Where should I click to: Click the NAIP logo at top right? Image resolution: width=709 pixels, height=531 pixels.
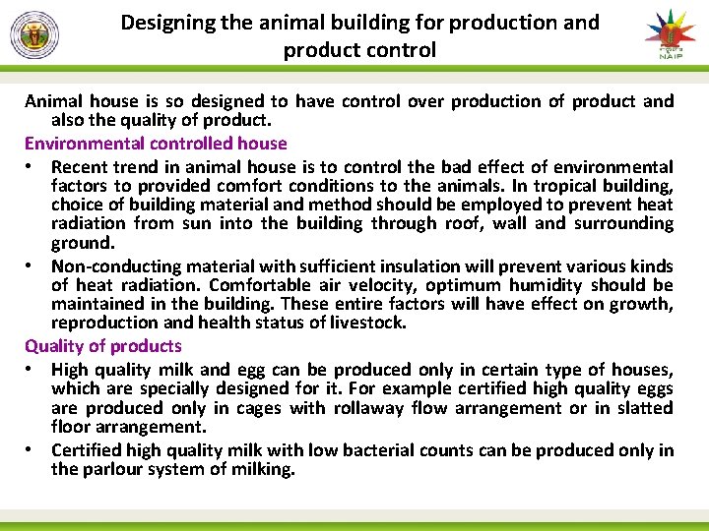[x=670, y=34]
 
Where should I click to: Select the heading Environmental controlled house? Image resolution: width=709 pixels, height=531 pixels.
[x=156, y=144]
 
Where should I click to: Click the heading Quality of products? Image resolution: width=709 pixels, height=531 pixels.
[x=103, y=346]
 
